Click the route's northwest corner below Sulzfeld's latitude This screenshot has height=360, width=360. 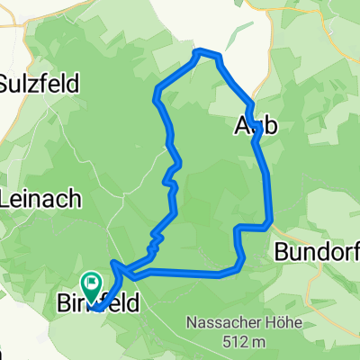[159, 90]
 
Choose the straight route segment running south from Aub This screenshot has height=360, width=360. [265, 175]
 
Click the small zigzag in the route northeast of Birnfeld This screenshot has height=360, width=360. [155, 238]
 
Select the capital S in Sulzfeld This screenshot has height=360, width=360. [7, 84]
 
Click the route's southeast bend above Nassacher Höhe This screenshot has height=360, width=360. [240, 264]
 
